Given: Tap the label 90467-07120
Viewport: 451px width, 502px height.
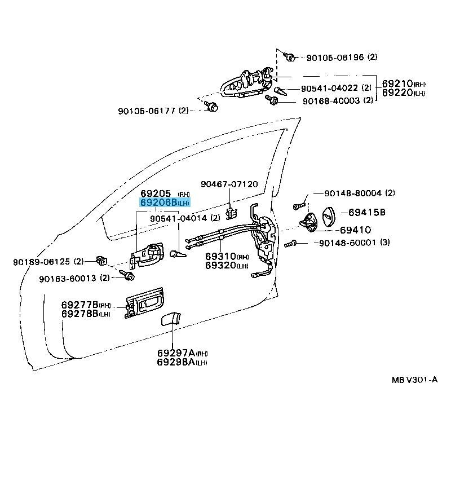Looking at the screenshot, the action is click(x=229, y=184).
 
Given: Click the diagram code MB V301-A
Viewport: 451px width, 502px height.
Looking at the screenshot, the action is click(x=414, y=380).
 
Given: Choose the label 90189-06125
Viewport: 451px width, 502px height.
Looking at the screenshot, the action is click(x=41, y=262).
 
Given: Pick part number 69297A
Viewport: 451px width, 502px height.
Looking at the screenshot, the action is click(x=176, y=353).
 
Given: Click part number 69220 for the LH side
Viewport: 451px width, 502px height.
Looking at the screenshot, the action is click(x=397, y=93).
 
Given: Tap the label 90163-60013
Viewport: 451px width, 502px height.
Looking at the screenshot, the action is click(x=68, y=278).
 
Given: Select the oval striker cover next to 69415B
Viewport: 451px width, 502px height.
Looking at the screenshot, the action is click(x=328, y=216).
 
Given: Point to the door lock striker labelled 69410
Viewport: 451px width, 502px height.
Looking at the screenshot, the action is click(x=308, y=222).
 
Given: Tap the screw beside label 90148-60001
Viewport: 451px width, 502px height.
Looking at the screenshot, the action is click(x=290, y=244).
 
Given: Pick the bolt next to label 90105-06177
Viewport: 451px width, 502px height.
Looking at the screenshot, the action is click(x=211, y=106).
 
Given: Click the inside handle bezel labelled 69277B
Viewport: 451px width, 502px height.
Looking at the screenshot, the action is click(x=144, y=302).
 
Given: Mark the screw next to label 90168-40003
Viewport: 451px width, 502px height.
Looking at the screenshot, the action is click(x=272, y=100).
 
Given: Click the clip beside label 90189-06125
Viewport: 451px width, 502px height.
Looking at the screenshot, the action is click(x=101, y=261).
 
